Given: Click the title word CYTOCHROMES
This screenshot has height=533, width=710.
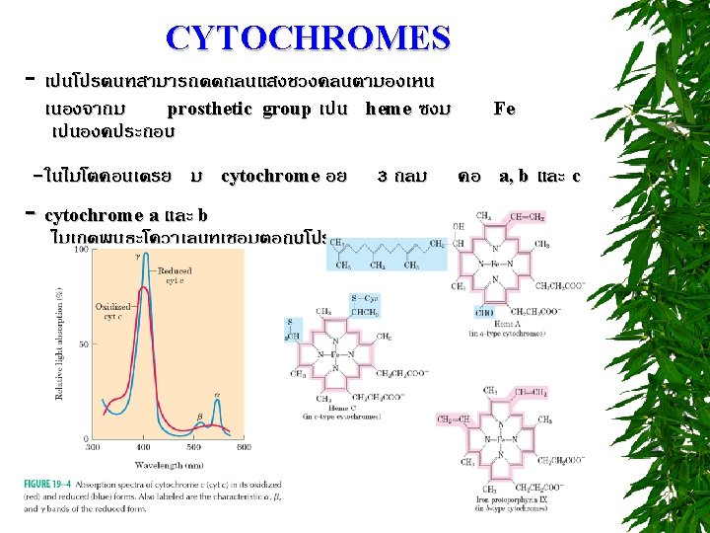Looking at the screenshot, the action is tap(308, 38).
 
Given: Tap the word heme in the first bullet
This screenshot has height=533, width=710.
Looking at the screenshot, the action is tap(389, 109).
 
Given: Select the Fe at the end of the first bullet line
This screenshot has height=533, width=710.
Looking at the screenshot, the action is tap(504, 109).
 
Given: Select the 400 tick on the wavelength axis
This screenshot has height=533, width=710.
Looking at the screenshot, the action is tap(143, 447).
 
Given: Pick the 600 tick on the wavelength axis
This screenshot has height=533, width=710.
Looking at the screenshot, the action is tap(245, 447).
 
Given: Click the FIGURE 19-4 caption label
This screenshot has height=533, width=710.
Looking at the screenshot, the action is tap(48, 483).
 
